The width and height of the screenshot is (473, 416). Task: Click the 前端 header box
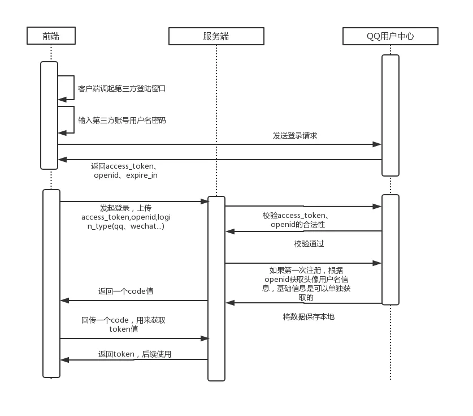(x=51, y=36)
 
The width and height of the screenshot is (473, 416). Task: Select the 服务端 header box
(x=216, y=36)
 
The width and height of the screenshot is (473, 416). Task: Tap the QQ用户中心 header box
(x=390, y=36)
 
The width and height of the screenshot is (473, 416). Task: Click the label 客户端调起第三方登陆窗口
(x=121, y=89)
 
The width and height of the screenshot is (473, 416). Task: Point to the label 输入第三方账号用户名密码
(x=121, y=121)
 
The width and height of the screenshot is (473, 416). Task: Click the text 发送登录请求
(x=295, y=136)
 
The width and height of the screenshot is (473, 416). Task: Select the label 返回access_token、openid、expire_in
(x=125, y=171)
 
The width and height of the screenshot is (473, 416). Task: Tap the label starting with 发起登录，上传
(x=125, y=217)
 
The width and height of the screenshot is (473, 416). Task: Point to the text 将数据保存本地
(x=309, y=317)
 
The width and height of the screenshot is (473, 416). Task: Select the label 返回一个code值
(x=125, y=291)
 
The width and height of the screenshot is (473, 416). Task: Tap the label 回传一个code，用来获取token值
(x=123, y=324)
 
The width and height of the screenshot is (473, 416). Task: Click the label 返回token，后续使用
(x=134, y=354)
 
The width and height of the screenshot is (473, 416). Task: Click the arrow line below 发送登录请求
(x=220, y=144)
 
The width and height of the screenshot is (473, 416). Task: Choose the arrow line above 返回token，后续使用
(x=134, y=338)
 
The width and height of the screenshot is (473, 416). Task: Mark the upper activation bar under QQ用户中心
(x=390, y=115)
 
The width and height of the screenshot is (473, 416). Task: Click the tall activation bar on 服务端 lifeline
(x=216, y=288)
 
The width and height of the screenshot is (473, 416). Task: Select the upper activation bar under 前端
(x=49, y=115)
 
